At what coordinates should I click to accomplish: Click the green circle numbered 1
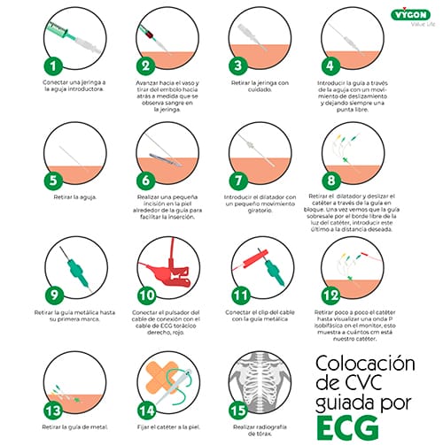click(55, 65)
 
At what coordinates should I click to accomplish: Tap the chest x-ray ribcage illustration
click(259, 369)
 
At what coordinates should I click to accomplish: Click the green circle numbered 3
click(236, 65)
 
